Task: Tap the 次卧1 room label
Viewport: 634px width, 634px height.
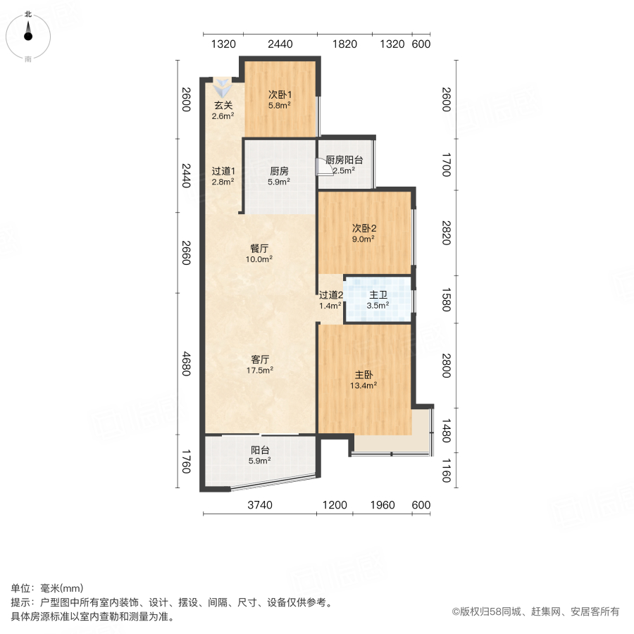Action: click(280, 94)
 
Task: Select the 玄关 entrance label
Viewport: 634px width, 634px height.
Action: click(223, 106)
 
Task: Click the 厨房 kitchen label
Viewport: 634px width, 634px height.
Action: click(279, 170)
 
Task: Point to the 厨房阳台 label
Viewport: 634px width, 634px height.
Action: click(344, 160)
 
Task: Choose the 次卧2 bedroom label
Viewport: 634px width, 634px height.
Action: click(364, 228)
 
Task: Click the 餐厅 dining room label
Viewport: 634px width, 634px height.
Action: click(259, 248)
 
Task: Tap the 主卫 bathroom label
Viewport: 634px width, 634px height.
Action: click(378, 295)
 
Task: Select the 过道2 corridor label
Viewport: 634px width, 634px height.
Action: click(330, 295)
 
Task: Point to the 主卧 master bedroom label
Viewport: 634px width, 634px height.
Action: click(363, 375)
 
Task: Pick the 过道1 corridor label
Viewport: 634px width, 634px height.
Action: click(223, 170)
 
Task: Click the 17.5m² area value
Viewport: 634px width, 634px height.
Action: click(259, 369)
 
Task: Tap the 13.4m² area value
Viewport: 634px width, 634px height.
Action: click(363, 385)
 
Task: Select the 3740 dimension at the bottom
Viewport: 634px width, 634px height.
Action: click(259, 505)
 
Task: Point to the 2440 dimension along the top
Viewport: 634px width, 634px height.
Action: click(280, 44)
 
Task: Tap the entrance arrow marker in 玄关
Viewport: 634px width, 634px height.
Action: click(223, 89)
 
